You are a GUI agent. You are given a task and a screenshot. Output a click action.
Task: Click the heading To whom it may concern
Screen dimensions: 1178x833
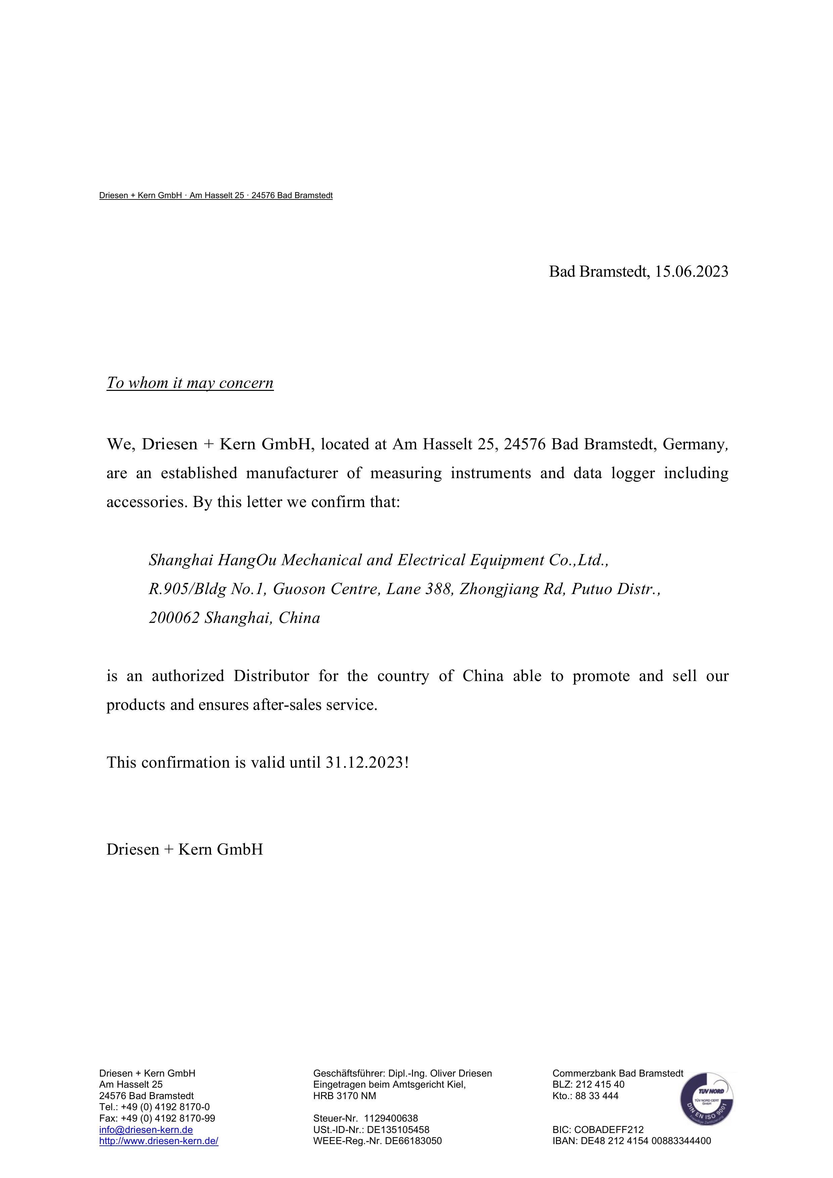(190, 383)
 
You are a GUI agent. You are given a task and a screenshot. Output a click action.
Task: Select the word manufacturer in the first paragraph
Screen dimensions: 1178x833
(292, 473)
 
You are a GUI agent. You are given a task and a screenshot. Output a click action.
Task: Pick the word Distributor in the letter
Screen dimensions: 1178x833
(271, 676)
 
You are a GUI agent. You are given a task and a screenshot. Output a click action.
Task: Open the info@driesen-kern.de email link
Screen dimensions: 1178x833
(146, 1130)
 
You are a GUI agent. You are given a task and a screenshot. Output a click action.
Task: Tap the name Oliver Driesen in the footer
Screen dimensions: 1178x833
(461, 1073)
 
